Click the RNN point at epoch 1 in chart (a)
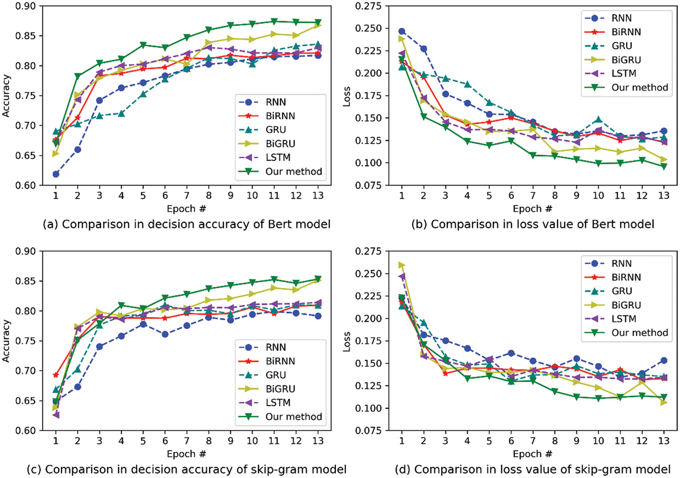click(56, 174)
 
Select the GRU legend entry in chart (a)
click(276, 130)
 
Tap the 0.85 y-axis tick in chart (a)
click(25, 36)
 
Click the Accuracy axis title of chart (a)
click(6, 96)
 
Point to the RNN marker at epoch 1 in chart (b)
click(402, 31)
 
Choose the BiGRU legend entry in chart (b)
click(626, 60)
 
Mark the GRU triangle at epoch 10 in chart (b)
click(598, 120)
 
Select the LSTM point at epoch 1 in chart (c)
click(56, 415)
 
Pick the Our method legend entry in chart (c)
click(293, 416)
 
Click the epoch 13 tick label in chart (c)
click(318, 441)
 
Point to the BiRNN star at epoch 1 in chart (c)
click(56, 375)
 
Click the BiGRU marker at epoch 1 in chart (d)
click(402, 265)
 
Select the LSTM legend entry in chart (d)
click(623, 319)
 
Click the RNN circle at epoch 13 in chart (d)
click(664, 361)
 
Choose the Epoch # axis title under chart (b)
click(532, 209)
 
